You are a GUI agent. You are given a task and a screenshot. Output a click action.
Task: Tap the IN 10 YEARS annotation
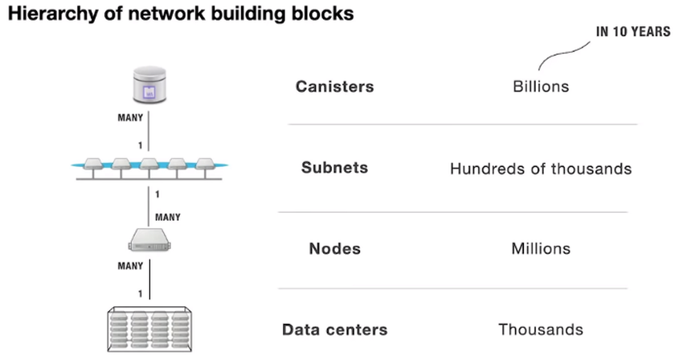point(632,33)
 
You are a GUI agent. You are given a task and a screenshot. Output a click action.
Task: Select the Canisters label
point(334,86)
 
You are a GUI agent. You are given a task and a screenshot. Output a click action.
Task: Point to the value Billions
point(540,86)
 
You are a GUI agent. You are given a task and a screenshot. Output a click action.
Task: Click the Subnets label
point(334,168)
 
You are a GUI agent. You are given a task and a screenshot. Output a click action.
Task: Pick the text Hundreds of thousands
point(540,169)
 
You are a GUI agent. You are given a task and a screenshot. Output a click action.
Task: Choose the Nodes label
point(334,248)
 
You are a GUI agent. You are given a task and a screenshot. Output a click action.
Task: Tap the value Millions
point(540,248)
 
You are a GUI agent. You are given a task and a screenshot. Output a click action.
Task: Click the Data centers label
point(334,329)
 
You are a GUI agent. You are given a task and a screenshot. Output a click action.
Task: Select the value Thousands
point(540,329)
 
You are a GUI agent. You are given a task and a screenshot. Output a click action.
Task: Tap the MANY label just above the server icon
point(167,216)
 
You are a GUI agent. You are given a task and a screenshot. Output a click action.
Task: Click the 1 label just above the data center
point(140,293)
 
